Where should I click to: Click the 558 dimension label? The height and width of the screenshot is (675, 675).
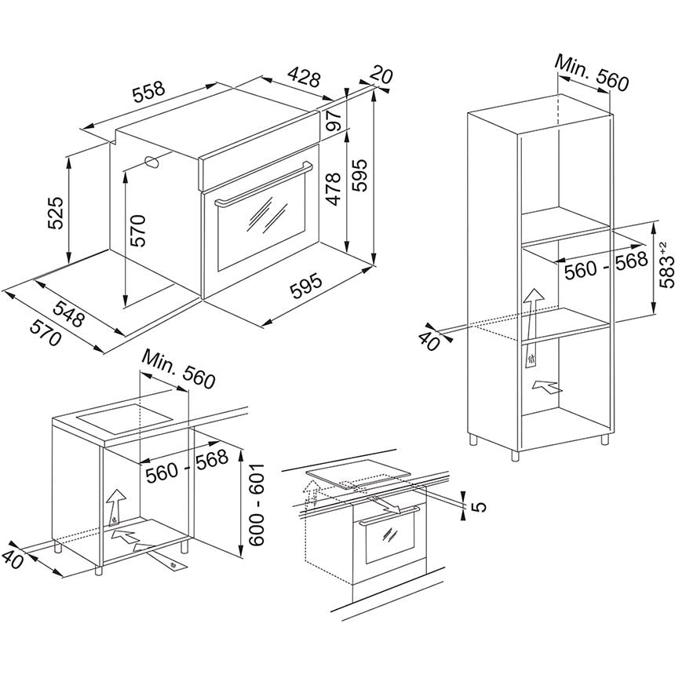(149, 92)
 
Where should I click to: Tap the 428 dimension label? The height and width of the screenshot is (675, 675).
(305, 77)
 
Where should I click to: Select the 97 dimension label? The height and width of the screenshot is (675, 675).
(334, 120)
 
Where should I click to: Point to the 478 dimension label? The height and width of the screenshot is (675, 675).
(334, 189)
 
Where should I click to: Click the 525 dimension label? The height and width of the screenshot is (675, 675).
(56, 213)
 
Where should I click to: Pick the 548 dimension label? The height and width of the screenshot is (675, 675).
(68, 314)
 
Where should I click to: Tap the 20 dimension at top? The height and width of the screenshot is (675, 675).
(381, 75)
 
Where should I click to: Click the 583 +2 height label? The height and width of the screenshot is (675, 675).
(666, 265)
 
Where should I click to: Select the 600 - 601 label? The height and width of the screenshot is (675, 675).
(257, 505)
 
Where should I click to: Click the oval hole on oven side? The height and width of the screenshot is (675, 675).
(152, 162)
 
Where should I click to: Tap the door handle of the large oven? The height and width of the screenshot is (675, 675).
(264, 184)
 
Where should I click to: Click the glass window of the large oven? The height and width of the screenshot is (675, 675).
(261, 223)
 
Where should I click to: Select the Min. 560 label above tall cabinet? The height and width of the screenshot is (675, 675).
(592, 73)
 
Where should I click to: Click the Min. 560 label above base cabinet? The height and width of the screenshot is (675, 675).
(178, 369)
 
